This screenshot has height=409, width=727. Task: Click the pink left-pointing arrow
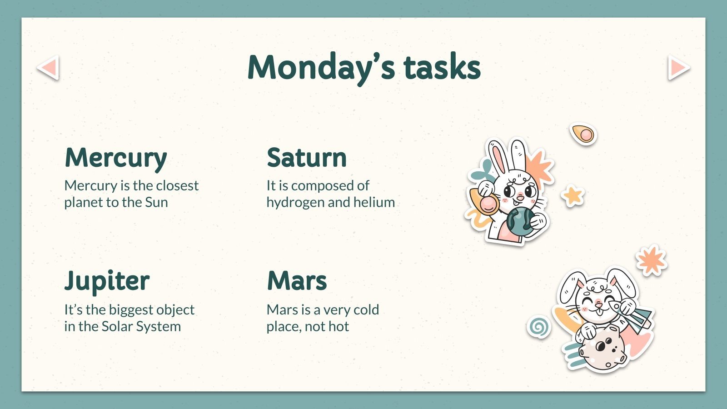point(48,68)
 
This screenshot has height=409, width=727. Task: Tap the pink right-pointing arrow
point(678,68)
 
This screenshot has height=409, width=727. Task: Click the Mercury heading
point(116,158)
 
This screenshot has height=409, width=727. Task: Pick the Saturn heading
point(307,158)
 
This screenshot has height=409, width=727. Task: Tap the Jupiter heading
point(107,281)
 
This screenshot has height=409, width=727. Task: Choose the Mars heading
point(297,280)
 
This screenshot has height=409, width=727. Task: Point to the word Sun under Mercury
point(156,202)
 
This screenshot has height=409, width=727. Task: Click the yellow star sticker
point(573,196)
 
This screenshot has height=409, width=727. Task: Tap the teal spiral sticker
point(539,327)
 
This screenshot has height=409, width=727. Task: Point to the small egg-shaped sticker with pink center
point(583,134)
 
